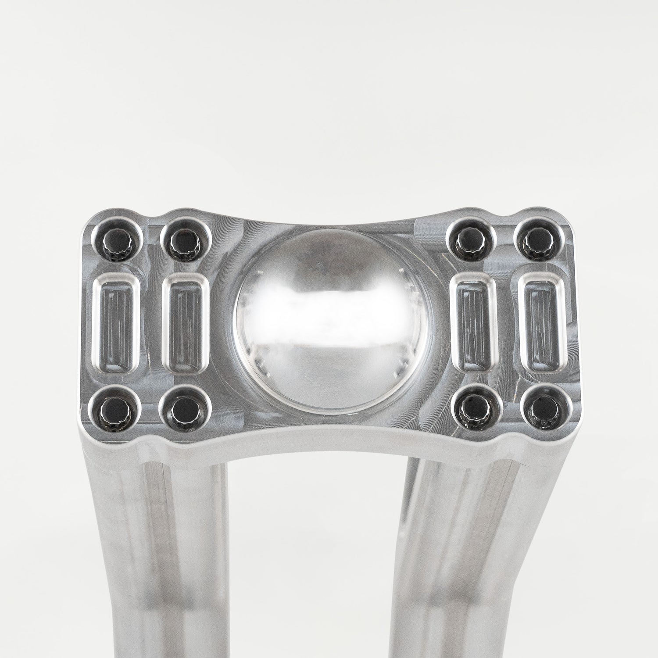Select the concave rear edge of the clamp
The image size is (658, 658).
tap(329, 219)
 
